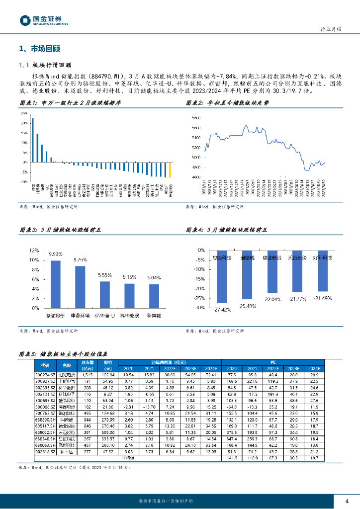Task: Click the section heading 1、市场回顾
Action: click(39, 49)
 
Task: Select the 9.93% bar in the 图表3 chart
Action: click(55, 284)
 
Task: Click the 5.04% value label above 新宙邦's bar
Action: click(154, 277)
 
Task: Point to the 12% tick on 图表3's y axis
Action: click(34, 251)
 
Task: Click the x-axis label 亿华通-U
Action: click(104, 316)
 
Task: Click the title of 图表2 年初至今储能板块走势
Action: click(231, 103)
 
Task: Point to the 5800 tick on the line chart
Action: click(195, 118)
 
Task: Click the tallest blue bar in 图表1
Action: click(32, 140)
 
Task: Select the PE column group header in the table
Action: click(273, 363)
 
